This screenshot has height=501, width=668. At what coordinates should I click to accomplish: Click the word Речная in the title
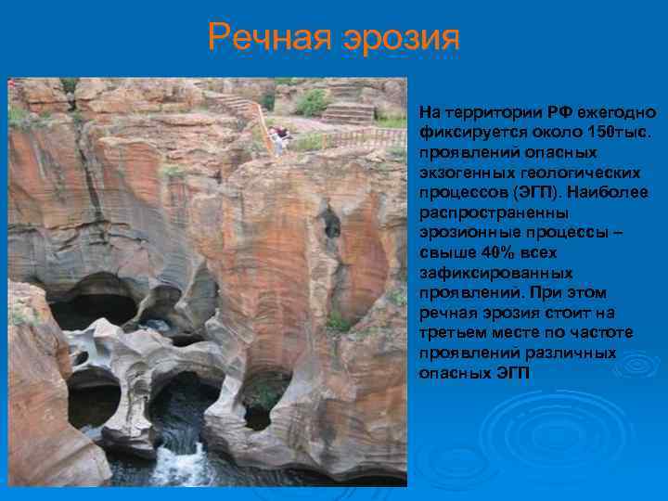[271, 37]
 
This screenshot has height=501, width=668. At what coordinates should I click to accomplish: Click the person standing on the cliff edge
[276, 138]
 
